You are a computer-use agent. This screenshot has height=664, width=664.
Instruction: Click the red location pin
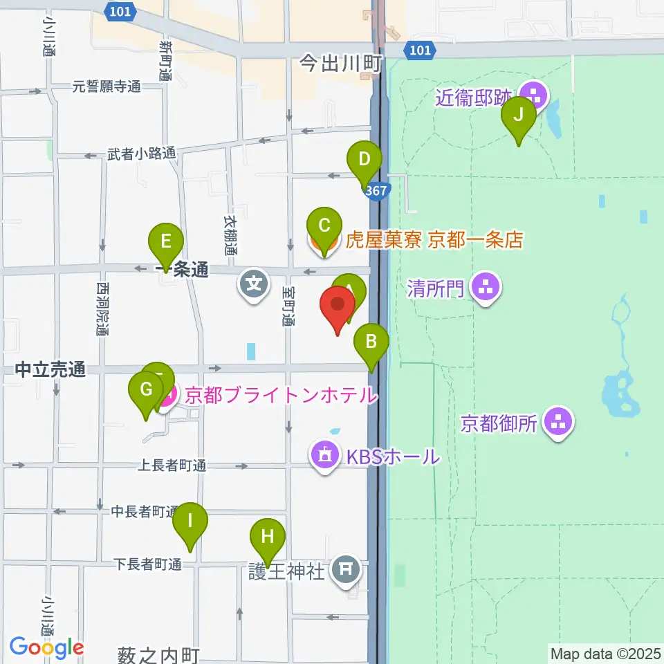point(338,305)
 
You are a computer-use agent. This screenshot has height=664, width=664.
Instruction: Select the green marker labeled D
point(365,161)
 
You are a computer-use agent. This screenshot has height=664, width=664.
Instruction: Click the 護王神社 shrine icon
point(347,570)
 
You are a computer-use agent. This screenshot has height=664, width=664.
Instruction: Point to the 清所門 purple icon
point(486,288)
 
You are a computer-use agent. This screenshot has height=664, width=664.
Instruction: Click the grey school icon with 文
point(255,284)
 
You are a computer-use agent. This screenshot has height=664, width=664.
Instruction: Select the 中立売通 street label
point(50,371)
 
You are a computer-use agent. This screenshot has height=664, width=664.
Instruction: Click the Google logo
point(47,648)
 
